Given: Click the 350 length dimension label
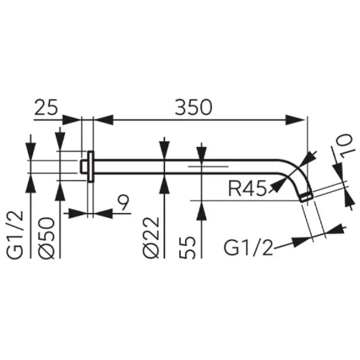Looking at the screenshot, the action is pos(193,107).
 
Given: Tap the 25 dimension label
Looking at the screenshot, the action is pos(46,107).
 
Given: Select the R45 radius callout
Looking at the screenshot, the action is pos(247,188).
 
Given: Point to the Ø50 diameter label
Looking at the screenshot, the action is pos(47,238).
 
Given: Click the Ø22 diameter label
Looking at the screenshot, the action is pos(151,238).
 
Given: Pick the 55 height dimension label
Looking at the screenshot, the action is pos(187,248).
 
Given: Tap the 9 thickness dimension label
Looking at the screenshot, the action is pos(124,203).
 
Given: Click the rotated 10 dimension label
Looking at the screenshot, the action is pos(344,146).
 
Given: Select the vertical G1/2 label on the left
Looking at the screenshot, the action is pos(15,235).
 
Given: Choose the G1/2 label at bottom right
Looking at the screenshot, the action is pos(248,248).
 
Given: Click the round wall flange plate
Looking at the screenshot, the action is pos(91,167).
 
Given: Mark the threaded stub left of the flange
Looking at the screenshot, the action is pos(84,167).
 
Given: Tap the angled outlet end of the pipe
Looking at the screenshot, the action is pos(307,197).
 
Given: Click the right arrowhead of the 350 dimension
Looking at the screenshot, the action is pos(295,120).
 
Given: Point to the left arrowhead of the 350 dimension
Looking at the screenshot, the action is pos(104,120).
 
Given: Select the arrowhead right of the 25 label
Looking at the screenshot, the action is pos(72,120).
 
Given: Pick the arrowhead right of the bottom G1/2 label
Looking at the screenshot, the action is pos(302,242).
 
